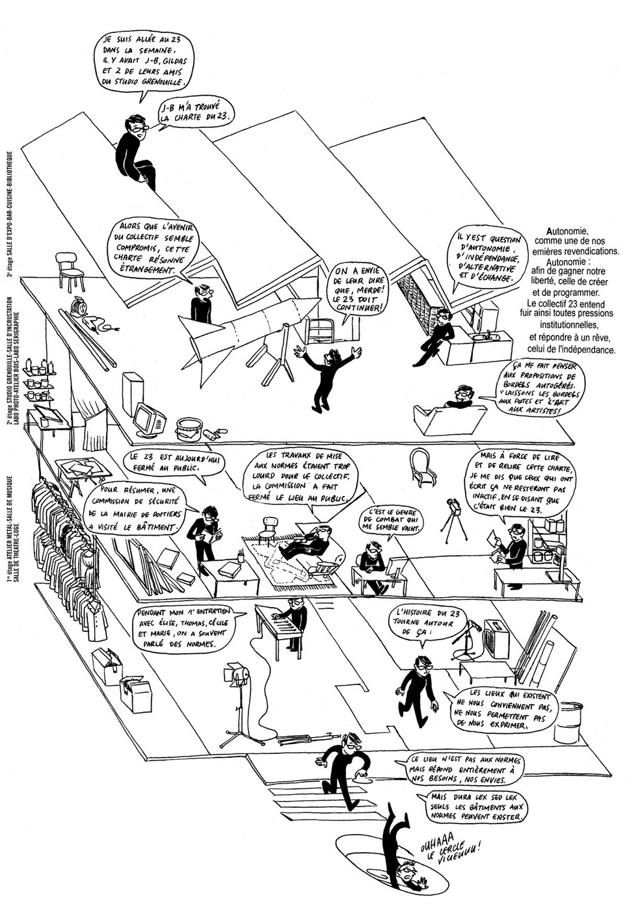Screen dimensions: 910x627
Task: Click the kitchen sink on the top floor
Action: pyautogui.click(x=488, y=337)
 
